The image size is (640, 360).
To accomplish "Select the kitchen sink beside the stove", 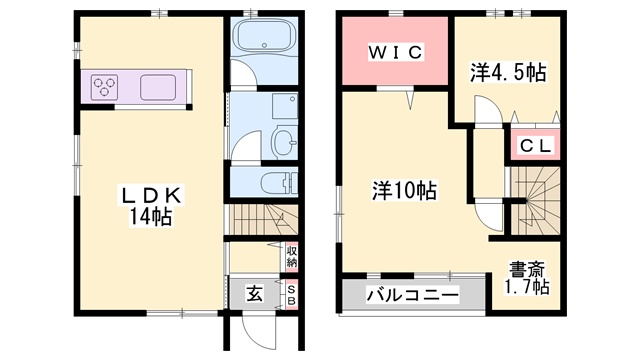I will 159,87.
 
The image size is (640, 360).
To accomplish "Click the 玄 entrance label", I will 255,294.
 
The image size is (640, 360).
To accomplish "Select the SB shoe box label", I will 292,294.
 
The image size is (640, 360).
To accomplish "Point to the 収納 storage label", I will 292,255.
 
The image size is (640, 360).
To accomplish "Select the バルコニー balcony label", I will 412,295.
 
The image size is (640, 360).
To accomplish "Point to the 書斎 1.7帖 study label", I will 526,277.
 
